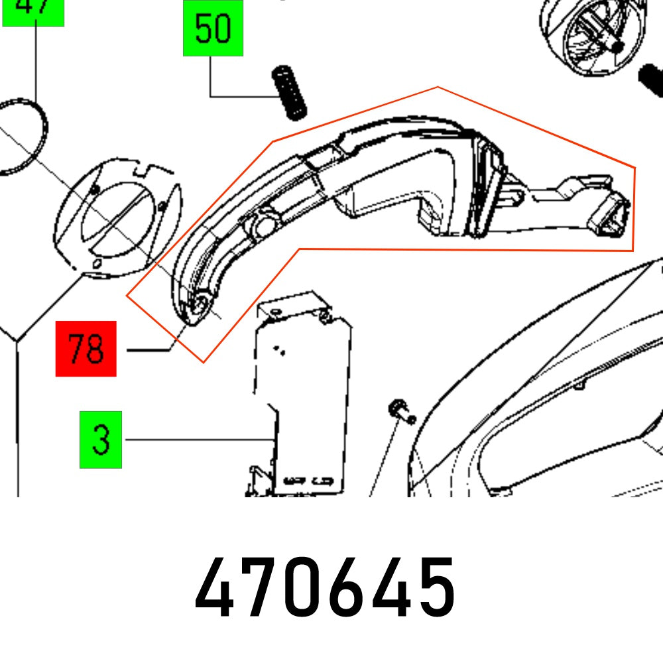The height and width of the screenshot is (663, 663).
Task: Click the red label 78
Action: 86,349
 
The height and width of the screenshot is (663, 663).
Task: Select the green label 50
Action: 213,29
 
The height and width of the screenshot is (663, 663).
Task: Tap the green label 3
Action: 101,440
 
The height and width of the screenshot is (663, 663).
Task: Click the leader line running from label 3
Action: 199,440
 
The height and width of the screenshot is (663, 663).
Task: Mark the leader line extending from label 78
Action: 149,349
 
